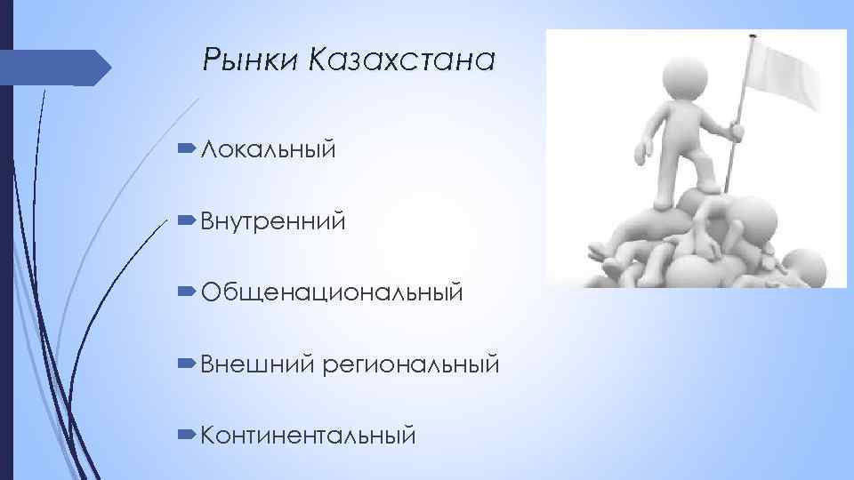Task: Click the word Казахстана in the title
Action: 400,61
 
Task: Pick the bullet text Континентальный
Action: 308,436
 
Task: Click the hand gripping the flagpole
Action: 737,132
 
